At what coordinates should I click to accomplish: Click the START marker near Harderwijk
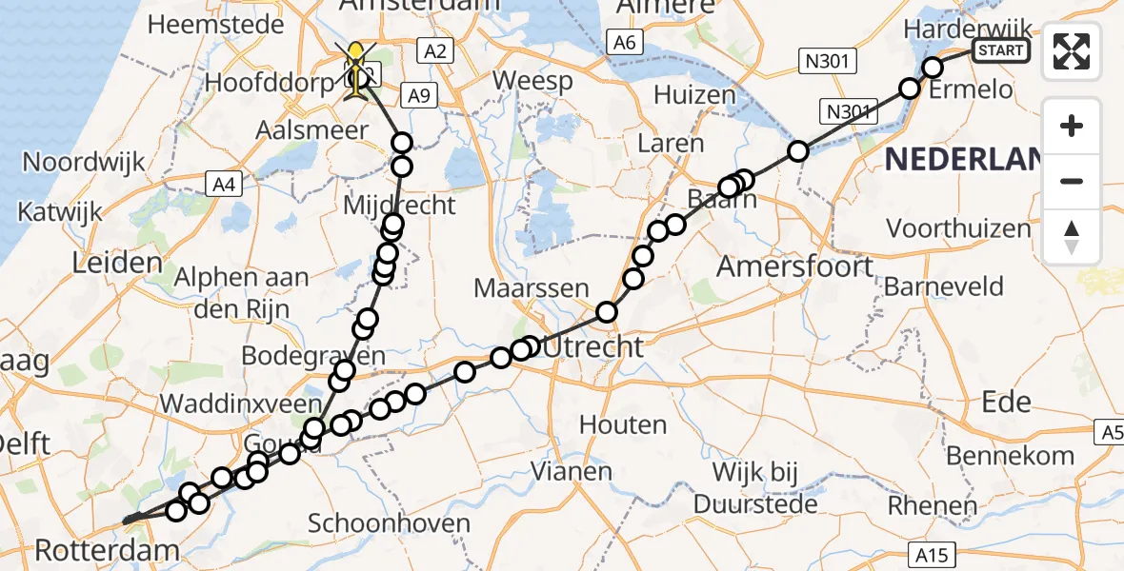coord(1001,50)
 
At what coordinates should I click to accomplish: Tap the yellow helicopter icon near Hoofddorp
coord(358,67)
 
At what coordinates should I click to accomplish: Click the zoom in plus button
coord(1072,126)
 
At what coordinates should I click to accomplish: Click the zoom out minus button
coord(1072,181)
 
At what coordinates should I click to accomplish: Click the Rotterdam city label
coord(107,549)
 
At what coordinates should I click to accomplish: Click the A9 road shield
coord(419,94)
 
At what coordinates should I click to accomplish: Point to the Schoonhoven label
coord(389,523)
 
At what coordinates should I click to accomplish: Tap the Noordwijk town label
coord(84,162)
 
